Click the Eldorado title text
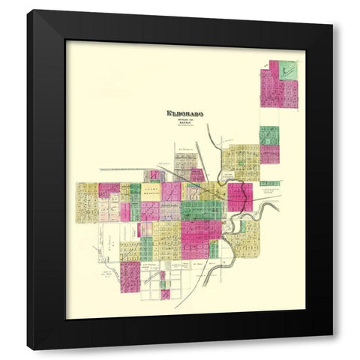tap(185, 114)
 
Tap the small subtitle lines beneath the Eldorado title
tap(185, 121)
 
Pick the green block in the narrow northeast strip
tap(269, 136)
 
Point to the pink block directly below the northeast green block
tap(269, 154)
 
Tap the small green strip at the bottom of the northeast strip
tap(269, 183)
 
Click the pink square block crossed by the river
tap(239, 196)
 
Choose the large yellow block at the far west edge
tap(86, 202)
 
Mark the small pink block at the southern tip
tap(165, 294)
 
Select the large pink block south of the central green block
tap(196, 238)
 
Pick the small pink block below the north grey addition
tap(197, 175)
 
